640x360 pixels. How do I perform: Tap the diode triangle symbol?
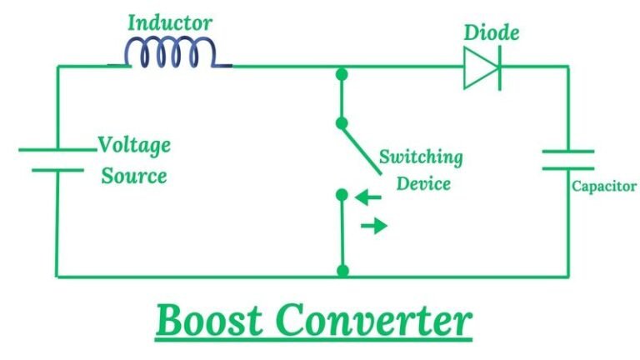tap(482, 67)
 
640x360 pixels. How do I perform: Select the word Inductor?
tap(170, 22)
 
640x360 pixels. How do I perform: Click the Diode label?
tap(491, 33)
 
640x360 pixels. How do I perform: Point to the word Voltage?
tap(134, 145)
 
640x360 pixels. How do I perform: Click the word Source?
tap(134, 176)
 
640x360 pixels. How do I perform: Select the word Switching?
tap(421, 157)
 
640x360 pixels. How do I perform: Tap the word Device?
tap(423, 182)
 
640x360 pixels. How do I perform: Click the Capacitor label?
tap(604, 187)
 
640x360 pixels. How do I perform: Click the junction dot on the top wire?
tap(341, 74)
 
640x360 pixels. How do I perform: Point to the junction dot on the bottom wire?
tap(342, 271)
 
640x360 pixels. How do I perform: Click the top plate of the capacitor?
tap(567, 152)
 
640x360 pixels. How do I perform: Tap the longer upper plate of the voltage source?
tap(57, 150)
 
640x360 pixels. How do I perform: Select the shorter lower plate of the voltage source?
tap(57, 170)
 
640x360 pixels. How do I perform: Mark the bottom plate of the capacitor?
tap(567, 168)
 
